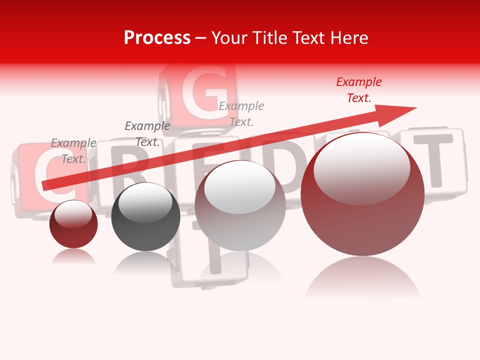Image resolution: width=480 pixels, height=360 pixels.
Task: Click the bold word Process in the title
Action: [157, 37]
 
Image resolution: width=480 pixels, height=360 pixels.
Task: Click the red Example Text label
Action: [358, 90]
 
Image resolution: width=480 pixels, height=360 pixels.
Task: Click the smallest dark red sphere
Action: [73, 224]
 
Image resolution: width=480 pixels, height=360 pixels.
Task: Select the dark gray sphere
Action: [145, 217]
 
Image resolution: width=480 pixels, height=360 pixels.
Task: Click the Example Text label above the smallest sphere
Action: [73, 151]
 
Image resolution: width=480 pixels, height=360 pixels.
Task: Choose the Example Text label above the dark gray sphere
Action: [147, 134]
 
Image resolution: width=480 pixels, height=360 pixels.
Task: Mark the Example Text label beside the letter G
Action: [241, 113]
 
